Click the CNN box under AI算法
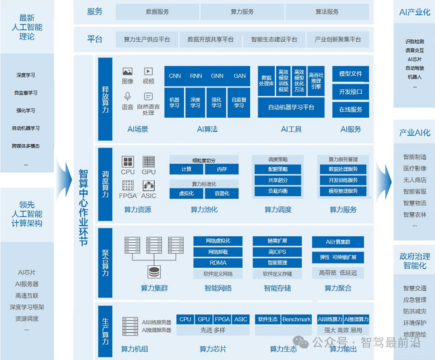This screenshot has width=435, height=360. [175, 76]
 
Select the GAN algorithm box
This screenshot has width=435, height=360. [239, 76]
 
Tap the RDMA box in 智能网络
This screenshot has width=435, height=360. [218, 263]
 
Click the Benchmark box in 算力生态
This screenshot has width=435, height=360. [296, 319]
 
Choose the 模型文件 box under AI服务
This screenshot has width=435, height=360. [350, 74]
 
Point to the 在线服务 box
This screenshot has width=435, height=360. [350, 109]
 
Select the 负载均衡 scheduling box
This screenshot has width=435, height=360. [278, 191]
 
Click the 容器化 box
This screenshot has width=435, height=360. [222, 193]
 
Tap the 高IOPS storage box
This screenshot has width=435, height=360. [277, 252]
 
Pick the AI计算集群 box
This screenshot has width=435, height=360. [338, 242]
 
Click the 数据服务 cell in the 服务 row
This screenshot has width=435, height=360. [157, 12]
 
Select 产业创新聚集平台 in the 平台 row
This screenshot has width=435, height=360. [338, 40]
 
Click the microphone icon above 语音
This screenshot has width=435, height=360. [128, 96]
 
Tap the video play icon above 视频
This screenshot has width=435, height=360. [148, 71]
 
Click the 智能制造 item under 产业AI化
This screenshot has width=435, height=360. [414, 157]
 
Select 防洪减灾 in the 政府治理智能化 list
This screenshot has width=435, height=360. [414, 311]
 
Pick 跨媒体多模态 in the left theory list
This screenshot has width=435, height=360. [26, 146]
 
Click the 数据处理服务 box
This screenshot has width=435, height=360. [343, 169]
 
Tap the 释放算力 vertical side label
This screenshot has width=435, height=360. [105, 99]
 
